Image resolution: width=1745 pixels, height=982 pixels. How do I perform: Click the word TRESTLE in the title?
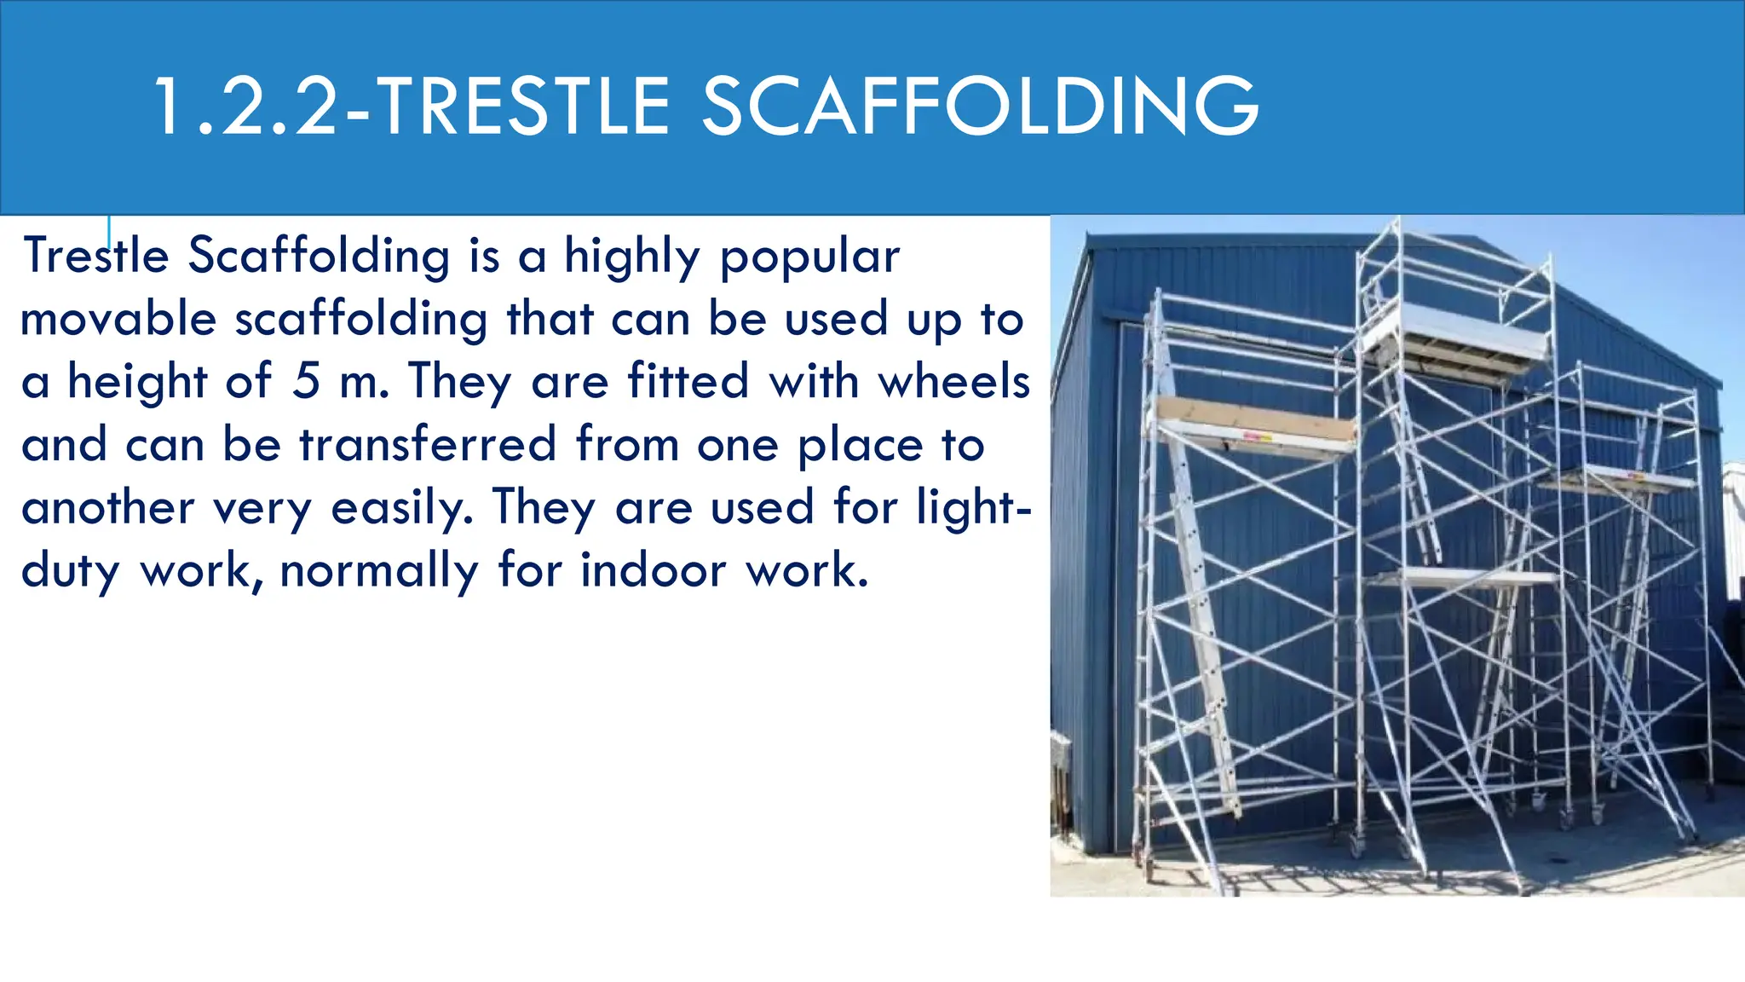tap(522, 107)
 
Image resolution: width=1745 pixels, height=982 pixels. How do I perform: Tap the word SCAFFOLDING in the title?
tap(979, 107)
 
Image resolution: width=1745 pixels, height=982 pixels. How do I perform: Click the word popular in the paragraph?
tap(809, 257)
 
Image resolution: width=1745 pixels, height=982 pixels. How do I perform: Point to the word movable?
tap(118, 320)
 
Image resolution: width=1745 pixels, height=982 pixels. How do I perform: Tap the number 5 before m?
tap(306, 381)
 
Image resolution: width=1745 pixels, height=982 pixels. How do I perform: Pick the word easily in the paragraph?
tap(400, 507)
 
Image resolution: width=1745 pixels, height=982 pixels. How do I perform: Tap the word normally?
tap(379, 570)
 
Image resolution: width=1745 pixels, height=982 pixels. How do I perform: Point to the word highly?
tap(631, 257)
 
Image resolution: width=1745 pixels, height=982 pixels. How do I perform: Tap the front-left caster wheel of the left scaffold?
tap(1148, 869)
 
